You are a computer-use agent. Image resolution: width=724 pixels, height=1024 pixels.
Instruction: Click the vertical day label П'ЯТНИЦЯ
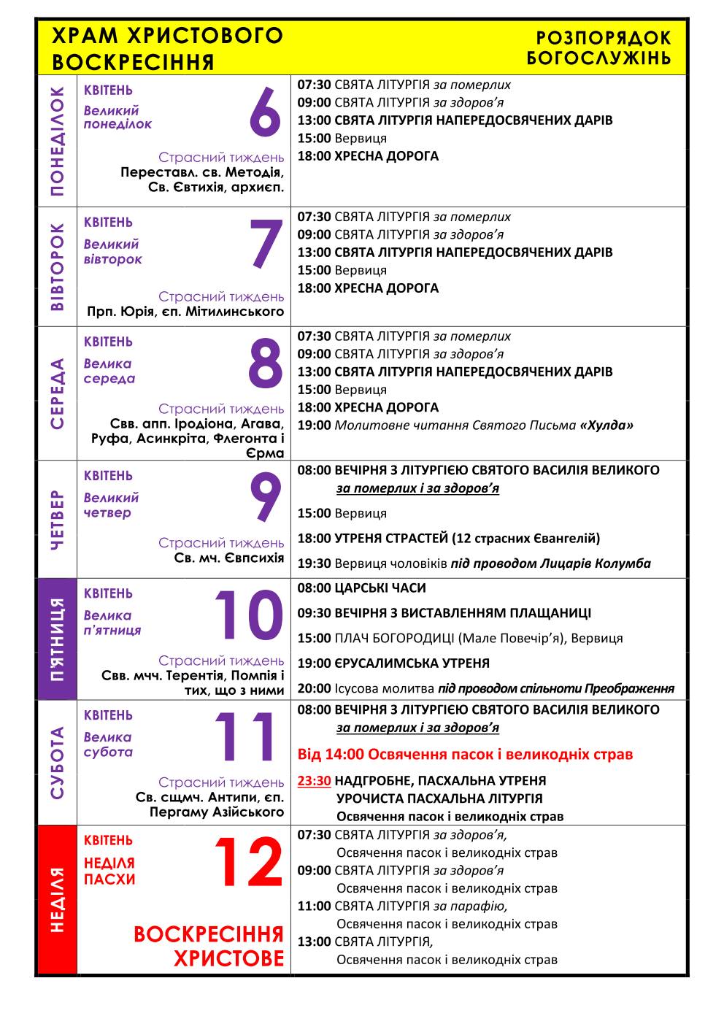pyautogui.click(x=56, y=639)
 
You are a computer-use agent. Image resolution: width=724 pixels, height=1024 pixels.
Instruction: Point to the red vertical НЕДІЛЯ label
pyautogui.click(x=56, y=900)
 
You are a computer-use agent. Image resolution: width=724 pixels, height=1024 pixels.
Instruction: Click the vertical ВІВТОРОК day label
pyautogui.click(x=56, y=267)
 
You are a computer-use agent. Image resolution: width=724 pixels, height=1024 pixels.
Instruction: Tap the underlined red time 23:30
pyautogui.click(x=314, y=780)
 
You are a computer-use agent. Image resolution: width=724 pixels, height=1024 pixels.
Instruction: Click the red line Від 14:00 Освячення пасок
pyautogui.click(x=465, y=754)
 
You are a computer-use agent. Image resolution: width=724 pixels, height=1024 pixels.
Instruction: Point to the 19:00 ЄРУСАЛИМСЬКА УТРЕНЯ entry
pyautogui.click(x=393, y=663)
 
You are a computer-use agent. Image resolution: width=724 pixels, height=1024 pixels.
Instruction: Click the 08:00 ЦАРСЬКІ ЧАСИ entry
pyautogui.click(x=361, y=588)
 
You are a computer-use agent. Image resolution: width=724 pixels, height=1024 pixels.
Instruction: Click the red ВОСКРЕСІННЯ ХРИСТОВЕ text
pyautogui.click(x=209, y=946)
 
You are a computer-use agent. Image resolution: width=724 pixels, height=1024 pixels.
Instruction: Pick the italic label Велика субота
pyautogui.click(x=108, y=744)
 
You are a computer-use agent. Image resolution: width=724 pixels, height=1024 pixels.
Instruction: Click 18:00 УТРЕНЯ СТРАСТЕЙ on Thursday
pyautogui.click(x=448, y=539)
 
